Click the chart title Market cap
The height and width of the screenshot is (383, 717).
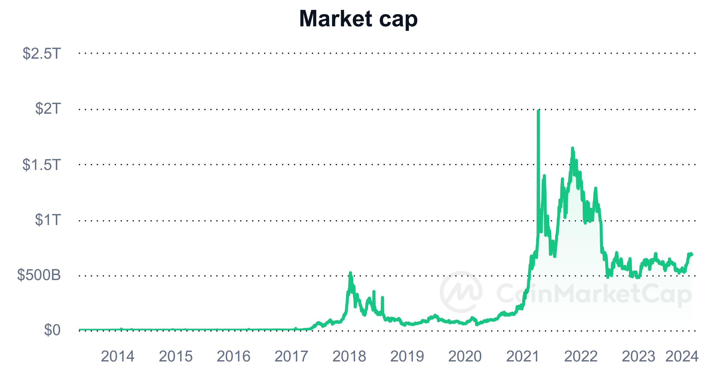(358, 19)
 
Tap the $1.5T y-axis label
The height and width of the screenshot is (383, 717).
(42, 164)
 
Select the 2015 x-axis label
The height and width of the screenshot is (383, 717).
(176, 356)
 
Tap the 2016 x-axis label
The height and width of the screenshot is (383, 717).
(234, 356)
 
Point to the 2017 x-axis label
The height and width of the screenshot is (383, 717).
(291, 356)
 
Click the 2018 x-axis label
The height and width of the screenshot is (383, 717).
(349, 356)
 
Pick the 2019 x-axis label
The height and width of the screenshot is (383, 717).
(407, 356)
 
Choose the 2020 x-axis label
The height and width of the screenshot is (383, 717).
(465, 356)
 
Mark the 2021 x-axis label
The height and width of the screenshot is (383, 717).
(523, 356)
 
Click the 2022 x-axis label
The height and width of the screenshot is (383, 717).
(581, 356)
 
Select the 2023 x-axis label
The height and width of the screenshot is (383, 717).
(639, 356)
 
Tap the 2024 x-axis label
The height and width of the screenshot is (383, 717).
(682, 356)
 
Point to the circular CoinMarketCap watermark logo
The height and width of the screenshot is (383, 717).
(461, 292)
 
